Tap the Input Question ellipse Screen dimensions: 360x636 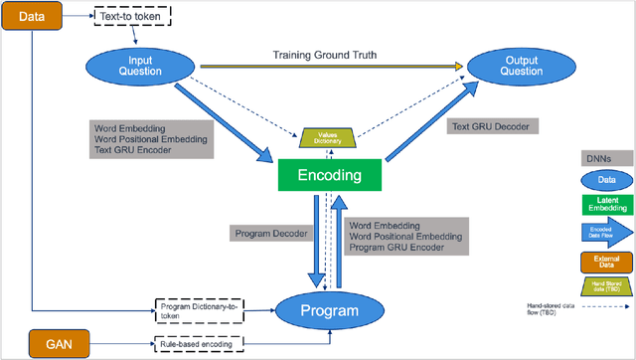[131, 67]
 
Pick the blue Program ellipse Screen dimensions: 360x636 [331, 310]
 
